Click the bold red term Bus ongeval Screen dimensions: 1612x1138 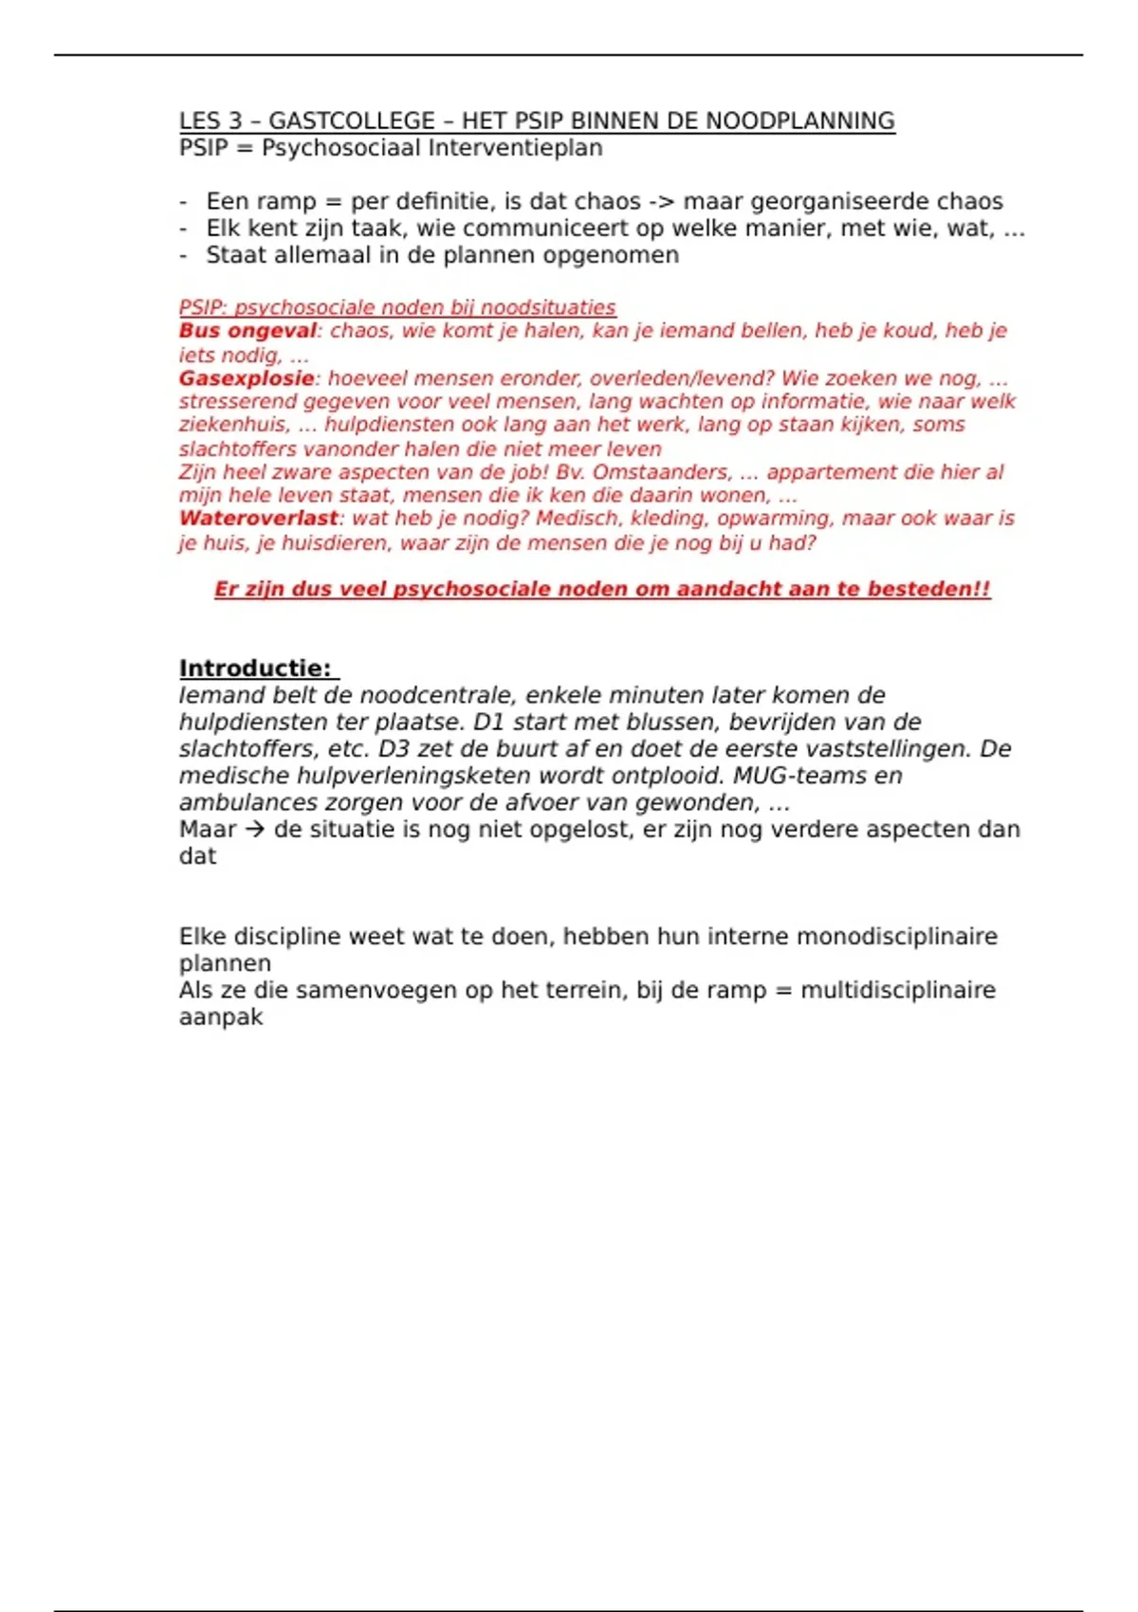point(248,331)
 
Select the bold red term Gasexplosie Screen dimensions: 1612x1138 point(247,378)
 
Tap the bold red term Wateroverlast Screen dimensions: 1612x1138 point(258,519)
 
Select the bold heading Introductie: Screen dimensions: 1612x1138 point(256,669)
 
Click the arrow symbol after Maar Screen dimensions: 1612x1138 point(254,830)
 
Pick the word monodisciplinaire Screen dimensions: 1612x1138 point(896,937)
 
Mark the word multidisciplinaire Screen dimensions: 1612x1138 point(897,990)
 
